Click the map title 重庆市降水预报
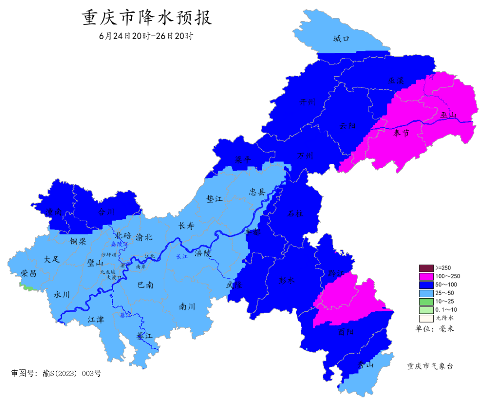(x=147, y=18)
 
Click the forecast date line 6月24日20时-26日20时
(x=146, y=36)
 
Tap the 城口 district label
(x=341, y=39)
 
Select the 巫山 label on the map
(x=449, y=116)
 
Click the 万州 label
(x=305, y=156)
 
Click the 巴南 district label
(x=145, y=285)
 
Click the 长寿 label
(x=186, y=226)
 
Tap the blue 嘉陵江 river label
(x=119, y=244)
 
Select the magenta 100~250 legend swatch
(x=426, y=276)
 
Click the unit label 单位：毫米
(x=435, y=329)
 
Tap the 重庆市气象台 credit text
(x=430, y=366)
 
